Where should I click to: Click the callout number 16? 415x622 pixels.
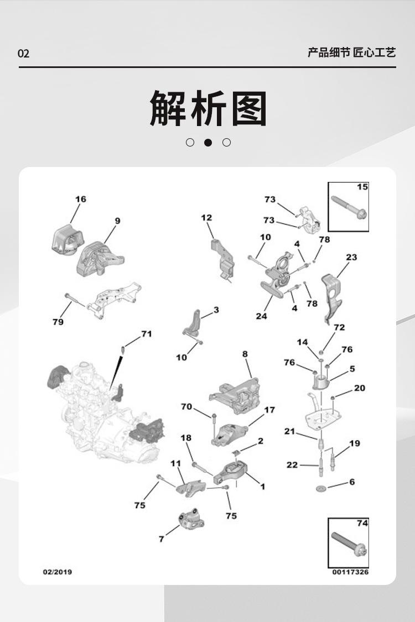pyautogui.click(x=81, y=199)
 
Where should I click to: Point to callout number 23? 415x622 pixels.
pyautogui.click(x=351, y=258)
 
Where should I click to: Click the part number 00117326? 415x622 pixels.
pyautogui.click(x=350, y=572)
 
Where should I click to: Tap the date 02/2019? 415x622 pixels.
pyautogui.click(x=58, y=572)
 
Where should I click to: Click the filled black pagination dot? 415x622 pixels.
pyautogui.click(x=207, y=143)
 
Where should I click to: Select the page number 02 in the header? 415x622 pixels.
pyautogui.click(x=23, y=53)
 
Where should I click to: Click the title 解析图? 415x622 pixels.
pyautogui.click(x=208, y=108)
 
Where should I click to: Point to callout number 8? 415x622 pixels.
pyautogui.click(x=245, y=354)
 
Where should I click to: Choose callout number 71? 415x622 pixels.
pyautogui.click(x=147, y=334)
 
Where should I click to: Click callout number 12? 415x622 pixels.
pyautogui.click(x=206, y=218)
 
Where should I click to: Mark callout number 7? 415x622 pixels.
pyautogui.click(x=161, y=539)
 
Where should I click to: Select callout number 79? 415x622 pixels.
pyautogui.click(x=58, y=322)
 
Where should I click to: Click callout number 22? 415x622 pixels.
pyautogui.click(x=292, y=465)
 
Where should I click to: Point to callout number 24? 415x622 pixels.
pyautogui.click(x=261, y=316)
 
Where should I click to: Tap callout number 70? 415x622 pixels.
pyautogui.click(x=186, y=406)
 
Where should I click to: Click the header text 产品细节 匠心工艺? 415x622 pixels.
pyautogui.click(x=352, y=52)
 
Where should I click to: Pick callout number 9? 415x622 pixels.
pyautogui.click(x=117, y=221)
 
